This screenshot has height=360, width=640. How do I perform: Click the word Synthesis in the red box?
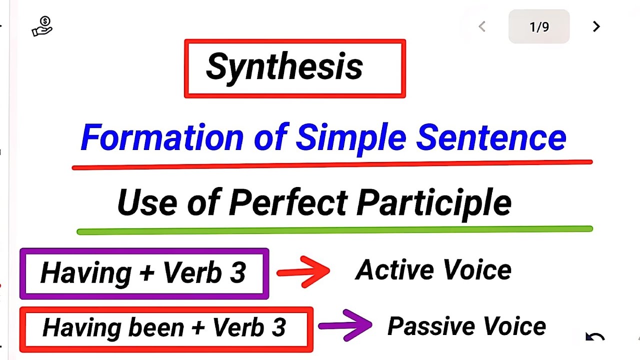(x=284, y=67)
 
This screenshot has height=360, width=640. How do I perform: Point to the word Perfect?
(x=288, y=202)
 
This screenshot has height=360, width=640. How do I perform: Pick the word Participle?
(x=434, y=202)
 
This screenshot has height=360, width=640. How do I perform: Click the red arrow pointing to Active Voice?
(x=303, y=271)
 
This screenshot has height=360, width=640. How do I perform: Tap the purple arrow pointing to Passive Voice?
(x=345, y=325)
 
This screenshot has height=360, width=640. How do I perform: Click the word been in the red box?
(x=156, y=327)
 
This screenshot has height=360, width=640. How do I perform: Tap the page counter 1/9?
(x=539, y=27)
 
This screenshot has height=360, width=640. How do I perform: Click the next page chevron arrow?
(x=596, y=27)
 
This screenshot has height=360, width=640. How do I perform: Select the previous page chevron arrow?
(x=482, y=27)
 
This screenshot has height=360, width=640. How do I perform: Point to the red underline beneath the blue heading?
(x=332, y=164)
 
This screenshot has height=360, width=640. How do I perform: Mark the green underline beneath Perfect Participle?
(x=334, y=230)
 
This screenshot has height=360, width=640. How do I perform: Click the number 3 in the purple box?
(x=238, y=273)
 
